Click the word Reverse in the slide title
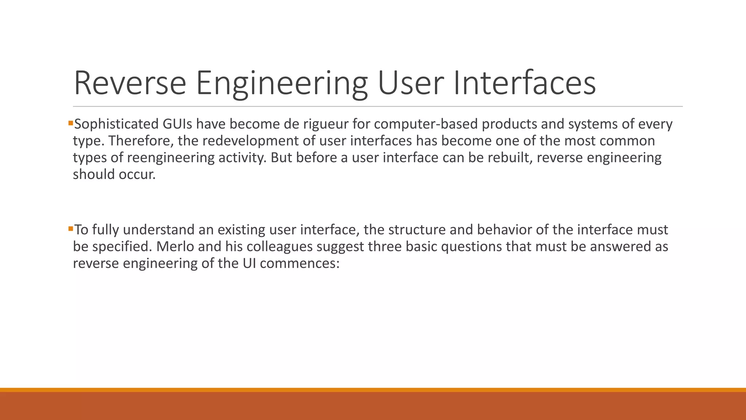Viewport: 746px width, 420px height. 130,83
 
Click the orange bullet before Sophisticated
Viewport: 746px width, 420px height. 71,123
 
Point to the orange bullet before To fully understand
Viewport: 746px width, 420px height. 71,229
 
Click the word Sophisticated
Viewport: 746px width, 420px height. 116,124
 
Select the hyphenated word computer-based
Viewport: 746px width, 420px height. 426,124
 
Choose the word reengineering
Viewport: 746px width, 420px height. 171,158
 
